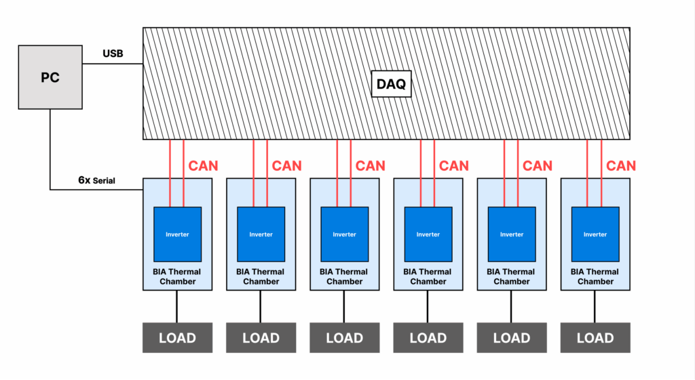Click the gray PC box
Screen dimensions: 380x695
click(x=50, y=77)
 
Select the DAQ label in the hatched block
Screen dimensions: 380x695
click(x=392, y=85)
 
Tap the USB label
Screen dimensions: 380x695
click(x=113, y=54)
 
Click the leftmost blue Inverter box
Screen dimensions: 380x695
click(x=177, y=234)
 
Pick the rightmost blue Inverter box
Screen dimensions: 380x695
click(x=595, y=234)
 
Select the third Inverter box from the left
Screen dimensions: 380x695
click(x=344, y=234)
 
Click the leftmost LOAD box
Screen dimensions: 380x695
click(x=177, y=338)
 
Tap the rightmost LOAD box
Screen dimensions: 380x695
click(x=595, y=338)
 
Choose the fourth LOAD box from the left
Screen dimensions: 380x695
click(x=428, y=338)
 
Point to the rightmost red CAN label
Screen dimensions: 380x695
click(x=621, y=165)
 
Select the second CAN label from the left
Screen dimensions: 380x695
click(x=286, y=165)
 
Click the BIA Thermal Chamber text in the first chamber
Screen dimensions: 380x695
click(x=177, y=276)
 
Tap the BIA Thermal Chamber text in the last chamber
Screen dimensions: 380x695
click(x=595, y=276)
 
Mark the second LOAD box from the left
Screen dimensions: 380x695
click(x=261, y=338)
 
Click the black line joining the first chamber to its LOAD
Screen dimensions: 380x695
click(x=177, y=307)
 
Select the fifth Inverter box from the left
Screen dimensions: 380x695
click(x=512, y=234)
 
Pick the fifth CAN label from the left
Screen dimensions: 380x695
click(x=538, y=165)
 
